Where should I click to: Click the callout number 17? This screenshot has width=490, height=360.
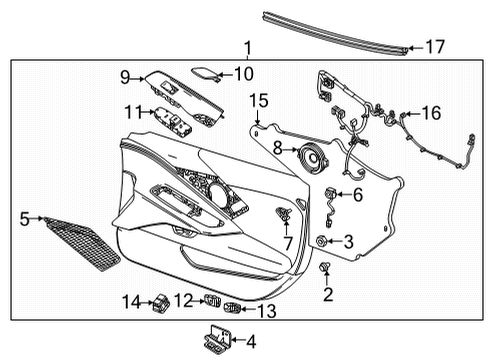(435, 47)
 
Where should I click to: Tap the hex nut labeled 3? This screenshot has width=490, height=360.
(321, 240)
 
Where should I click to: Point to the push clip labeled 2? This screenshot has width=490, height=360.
(325, 266)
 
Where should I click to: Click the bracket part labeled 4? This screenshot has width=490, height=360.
(217, 340)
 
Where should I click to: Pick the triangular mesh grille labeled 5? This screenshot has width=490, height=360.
(83, 244)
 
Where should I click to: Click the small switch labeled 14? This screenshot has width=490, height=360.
(161, 303)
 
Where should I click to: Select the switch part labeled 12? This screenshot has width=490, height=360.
(212, 300)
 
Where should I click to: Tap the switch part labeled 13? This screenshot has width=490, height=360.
(232, 308)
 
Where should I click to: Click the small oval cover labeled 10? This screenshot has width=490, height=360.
(205, 73)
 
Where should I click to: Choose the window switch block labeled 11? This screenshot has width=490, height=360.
(173, 122)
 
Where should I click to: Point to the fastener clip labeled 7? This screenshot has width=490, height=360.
(284, 214)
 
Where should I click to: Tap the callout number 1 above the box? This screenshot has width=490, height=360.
(248, 49)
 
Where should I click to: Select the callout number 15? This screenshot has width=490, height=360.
(259, 101)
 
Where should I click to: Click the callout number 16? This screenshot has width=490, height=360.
(431, 113)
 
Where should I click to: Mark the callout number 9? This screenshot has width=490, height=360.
(125, 78)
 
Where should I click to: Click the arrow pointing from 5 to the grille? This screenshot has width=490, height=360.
(37, 219)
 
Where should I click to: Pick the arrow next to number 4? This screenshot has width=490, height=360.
(238, 340)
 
